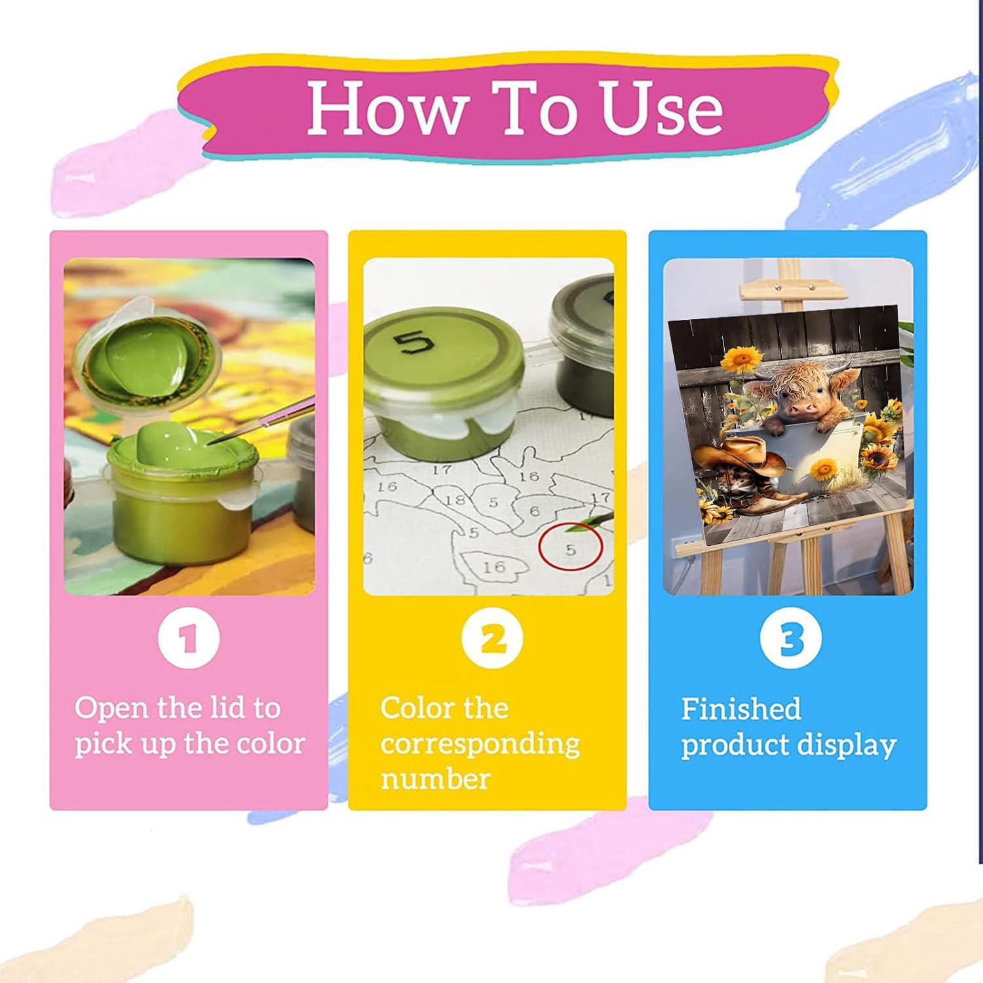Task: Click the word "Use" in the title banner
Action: [x=662, y=108]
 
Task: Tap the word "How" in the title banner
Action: [x=387, y=108]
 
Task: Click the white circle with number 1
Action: [x=189, y=638]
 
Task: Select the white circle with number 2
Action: [x=492, y=638]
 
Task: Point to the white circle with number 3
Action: [x=791, y=638]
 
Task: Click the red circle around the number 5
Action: [x=570, y=547]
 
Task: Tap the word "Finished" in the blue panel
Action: [x=741, y=708]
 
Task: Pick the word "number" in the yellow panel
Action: [x=436, y=779]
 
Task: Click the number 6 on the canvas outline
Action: [x=535, y=511]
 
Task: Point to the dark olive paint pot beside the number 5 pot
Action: [x=580, y=341]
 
